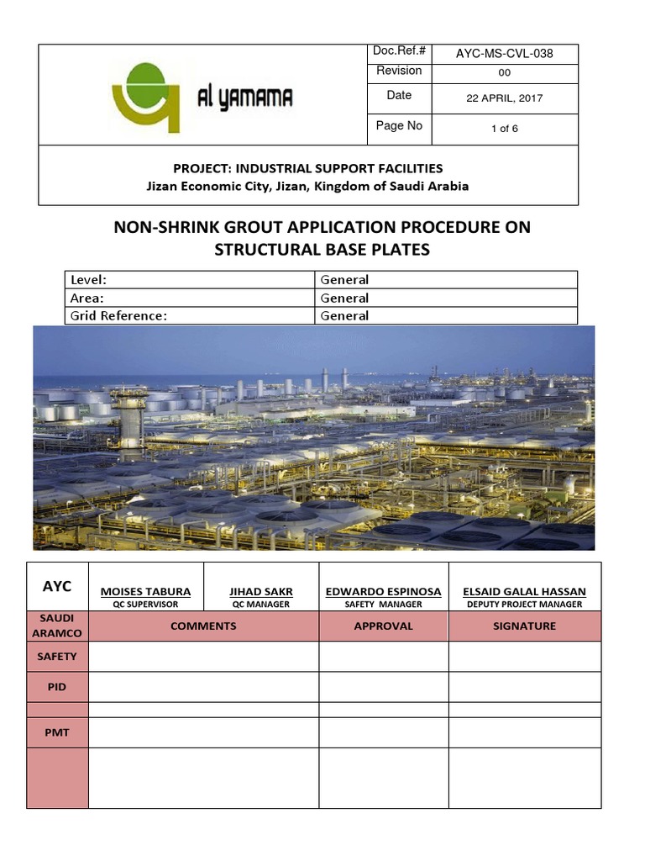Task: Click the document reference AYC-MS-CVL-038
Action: pos(504,54)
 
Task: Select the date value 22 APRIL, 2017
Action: pos(504,98)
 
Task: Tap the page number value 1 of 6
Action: pos(504,129)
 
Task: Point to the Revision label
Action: pos(399,71)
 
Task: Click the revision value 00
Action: pos(504,73)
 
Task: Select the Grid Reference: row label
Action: pos(119,316)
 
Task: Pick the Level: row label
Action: pos(88,280)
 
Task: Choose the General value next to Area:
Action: pos(344,298)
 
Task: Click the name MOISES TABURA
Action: pos(145,592)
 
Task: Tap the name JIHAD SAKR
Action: pos(260,592)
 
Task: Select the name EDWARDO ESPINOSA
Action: pos(383,592)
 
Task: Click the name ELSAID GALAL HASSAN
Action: pos(524,592)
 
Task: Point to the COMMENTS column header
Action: pos(203,626)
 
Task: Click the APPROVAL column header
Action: pos(383,626)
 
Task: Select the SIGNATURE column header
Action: pos(524,626)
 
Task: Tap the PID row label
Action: pos(57,687)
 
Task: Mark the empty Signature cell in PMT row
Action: pos(524,732)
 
